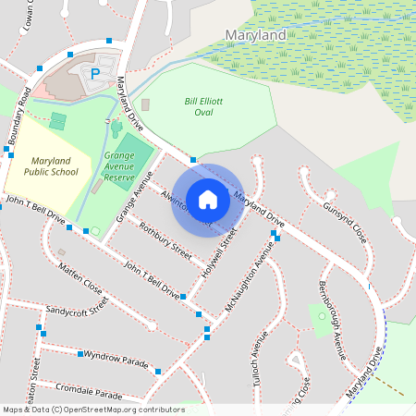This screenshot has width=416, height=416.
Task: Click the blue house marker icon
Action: click(x=208, y=199)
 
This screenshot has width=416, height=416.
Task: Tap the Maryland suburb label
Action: click(x=256, y=35)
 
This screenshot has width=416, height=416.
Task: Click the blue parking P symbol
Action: click(x=94, y=73)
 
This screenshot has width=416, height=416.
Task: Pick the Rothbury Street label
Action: click(x=165, y=239)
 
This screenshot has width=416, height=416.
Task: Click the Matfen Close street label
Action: click(x=80, y=278)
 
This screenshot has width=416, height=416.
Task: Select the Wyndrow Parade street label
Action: click(x=116, y=358)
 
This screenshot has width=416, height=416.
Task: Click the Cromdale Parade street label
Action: click(x=89, y=390)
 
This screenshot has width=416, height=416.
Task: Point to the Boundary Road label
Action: click(x=21, y=117)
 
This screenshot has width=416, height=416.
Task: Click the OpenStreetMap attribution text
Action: click(x=92, y=410)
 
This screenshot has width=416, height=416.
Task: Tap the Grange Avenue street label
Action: click(x=133, y=202)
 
